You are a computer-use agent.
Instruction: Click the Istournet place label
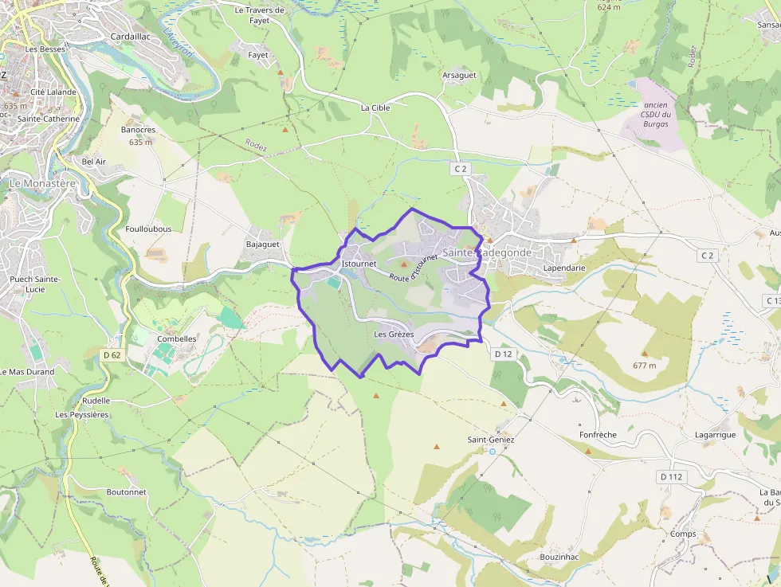tap(358, 263)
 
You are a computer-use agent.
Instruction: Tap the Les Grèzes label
tap(394, 335)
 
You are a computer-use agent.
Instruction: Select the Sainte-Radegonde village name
tap(486, 252)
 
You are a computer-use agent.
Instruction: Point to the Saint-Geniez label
tap(491, 440)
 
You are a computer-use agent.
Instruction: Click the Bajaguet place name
tap(263, 244)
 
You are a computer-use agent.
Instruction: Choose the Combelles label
tap(177, 339)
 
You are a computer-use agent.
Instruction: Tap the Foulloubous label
tap(148, 229)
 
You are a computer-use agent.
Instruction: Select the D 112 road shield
tap(672, 476)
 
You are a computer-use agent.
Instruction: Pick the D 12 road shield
tap(502, 354)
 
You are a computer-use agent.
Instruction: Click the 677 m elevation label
tap(645, 366)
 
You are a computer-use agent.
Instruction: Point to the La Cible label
tap(375, 108)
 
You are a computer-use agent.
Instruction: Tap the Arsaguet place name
tap(458, 75)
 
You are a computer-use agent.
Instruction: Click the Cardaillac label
tap(131, 37)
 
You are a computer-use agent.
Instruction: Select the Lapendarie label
tap(563, 268)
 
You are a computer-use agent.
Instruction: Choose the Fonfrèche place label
tap(598, 435)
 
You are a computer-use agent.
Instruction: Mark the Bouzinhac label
tap(559, 556)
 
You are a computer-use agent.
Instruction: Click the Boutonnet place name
tap(127, 492)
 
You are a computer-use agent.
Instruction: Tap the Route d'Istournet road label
tap(414, 268)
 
